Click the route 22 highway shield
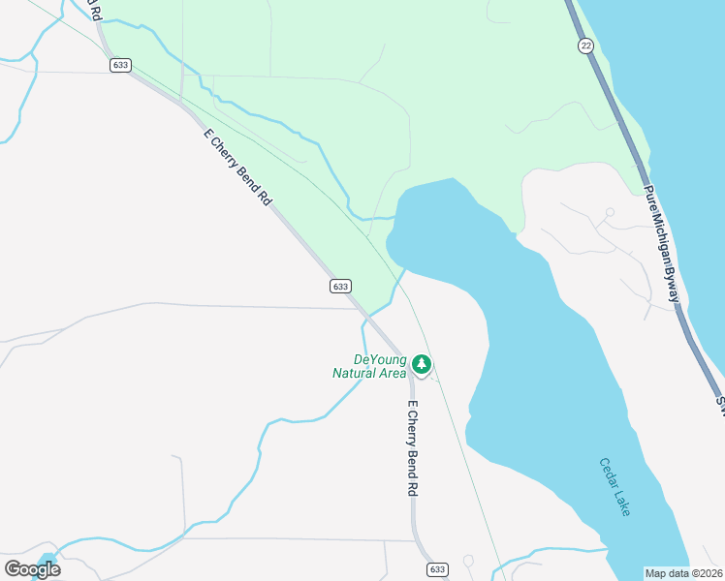(585, 46)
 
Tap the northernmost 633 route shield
(120, 65)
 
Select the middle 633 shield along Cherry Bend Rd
(339, 286)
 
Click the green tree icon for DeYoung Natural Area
(421, 365)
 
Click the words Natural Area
(368, 372)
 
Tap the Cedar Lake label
(615, 487)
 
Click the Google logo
(32, 568)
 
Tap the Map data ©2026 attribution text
(682, 573)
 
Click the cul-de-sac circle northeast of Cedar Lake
(610, 212)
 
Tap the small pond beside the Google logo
(51, 560)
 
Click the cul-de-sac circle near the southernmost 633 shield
(468, 561)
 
